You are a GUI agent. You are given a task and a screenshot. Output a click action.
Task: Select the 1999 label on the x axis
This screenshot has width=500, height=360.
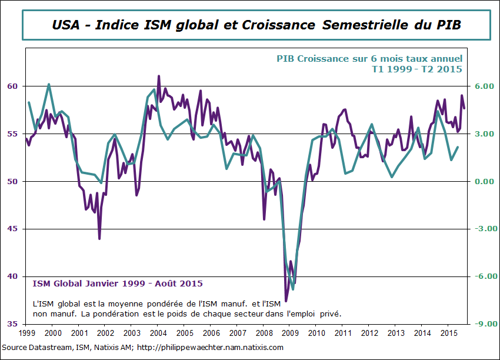point(26,334)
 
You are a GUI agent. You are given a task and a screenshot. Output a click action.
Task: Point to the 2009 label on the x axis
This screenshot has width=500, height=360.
point(290,334)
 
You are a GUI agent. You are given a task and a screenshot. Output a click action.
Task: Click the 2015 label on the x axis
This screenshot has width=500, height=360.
point(449,334)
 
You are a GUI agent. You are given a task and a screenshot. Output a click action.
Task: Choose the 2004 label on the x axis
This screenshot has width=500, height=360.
point(158,334)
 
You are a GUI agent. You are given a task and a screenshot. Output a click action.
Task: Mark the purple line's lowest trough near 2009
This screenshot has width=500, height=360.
point(286,301)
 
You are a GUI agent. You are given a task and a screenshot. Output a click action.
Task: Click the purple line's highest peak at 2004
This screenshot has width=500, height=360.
point(159,76)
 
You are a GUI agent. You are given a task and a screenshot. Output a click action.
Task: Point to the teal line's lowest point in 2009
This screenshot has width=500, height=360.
point(292,289)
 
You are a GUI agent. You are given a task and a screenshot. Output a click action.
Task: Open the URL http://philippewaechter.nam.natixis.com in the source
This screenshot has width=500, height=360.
point(210,348)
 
